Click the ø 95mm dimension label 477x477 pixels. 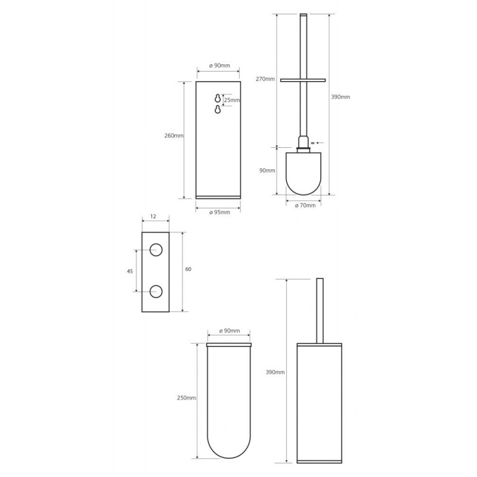[219, 212]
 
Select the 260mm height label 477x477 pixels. [174, 136]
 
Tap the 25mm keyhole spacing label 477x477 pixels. [232, 100]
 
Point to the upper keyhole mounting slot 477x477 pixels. [218, 98]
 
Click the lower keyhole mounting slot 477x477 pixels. [218, 110]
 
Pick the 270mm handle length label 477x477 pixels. [265, 79]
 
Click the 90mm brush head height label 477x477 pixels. [267, 171]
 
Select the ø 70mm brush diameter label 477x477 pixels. [305, 205]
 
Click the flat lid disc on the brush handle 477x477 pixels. [303, 80]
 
